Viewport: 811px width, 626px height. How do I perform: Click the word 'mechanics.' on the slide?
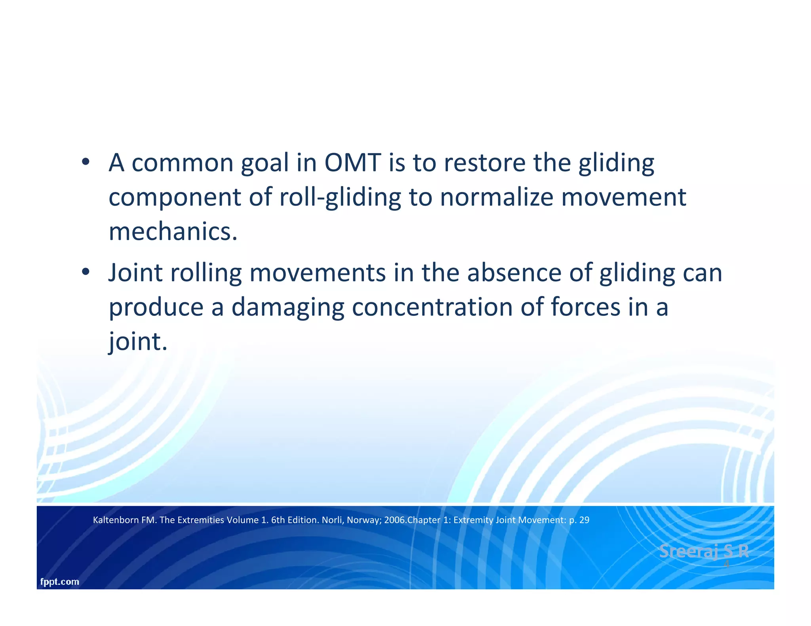[173, 231]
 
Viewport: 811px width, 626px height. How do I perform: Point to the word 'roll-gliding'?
[340, 197]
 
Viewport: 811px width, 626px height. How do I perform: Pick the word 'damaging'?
[288, 307]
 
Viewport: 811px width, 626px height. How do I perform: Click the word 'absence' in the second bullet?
[514, 273]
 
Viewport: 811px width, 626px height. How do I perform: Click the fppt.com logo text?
[60, 582]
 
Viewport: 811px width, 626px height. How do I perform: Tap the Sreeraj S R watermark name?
[704, 551]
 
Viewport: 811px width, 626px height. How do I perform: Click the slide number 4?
[726, 564]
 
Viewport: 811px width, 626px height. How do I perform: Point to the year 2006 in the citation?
[394, 520]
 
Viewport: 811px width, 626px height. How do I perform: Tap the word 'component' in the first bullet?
[175, 197]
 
